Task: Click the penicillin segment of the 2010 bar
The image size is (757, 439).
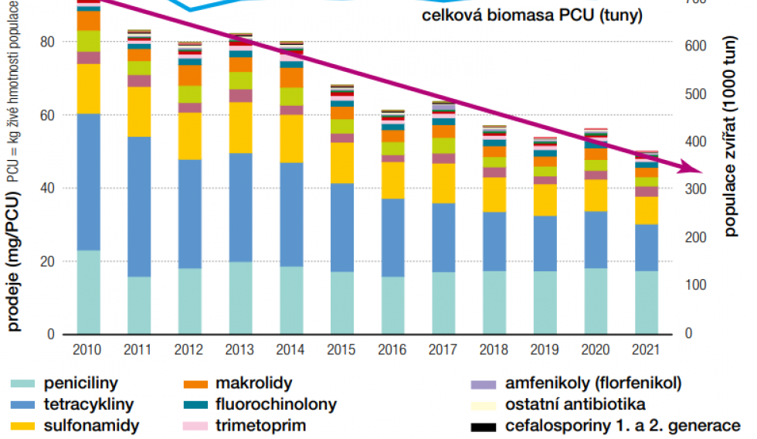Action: click(89, 292)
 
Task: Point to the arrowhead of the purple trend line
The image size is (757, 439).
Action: click(696, 170)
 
